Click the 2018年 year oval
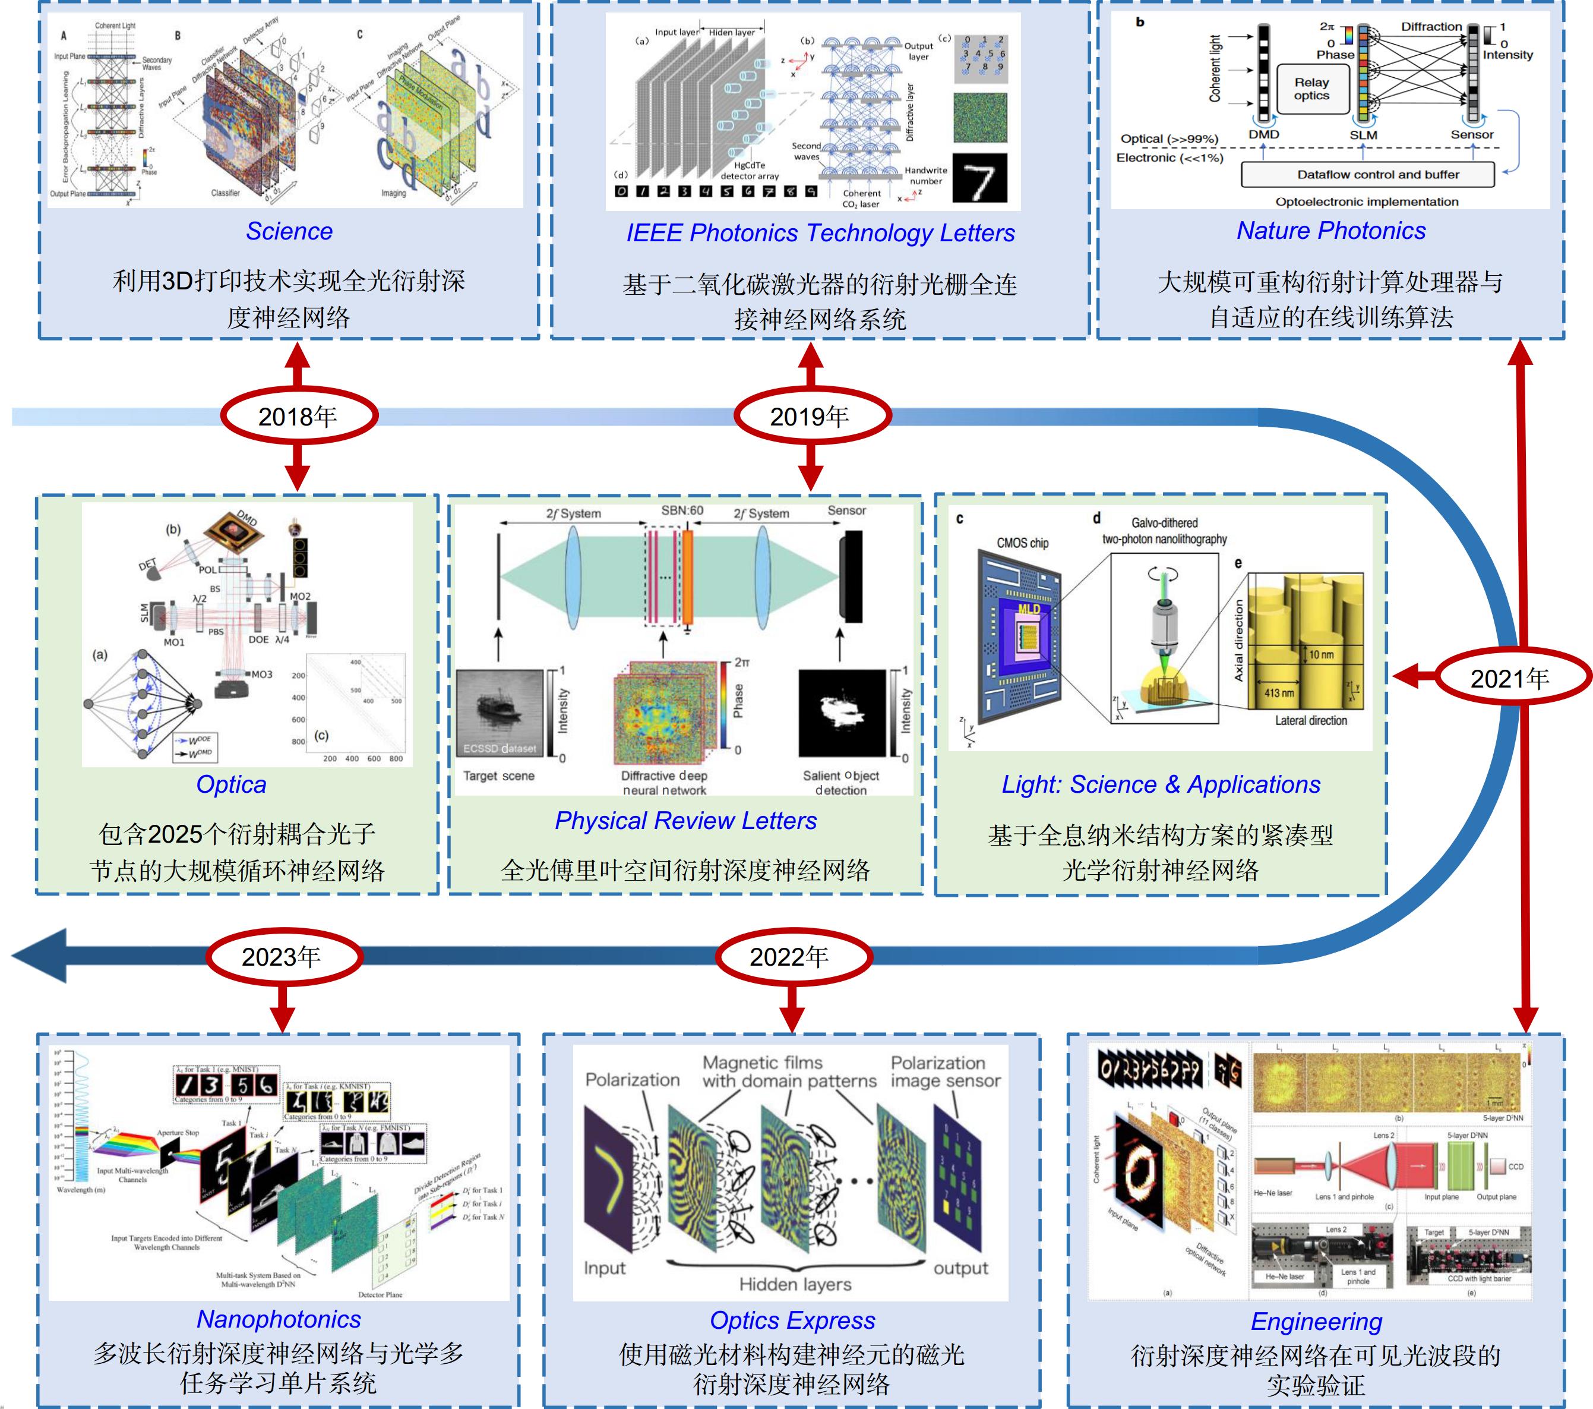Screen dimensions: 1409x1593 point(299,417)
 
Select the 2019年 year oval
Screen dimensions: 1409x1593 point(811,417)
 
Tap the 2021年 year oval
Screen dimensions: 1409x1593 point(1511,677)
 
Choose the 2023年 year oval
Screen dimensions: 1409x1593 point(283,957)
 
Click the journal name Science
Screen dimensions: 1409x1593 point(289,232)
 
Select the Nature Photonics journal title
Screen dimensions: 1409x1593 point(1331,231)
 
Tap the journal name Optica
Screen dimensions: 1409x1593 point(232,784)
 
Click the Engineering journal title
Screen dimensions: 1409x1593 point(1316,1322)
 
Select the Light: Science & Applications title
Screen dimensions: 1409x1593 point(1161,784)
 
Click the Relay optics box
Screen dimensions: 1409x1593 point(1311,89)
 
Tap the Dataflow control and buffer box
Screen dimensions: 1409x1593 point(1368,175)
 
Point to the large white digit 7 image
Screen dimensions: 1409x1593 point(979,178)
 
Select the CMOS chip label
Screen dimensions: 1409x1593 point(1023,543)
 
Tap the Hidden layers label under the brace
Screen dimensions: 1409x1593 point(795,1284)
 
